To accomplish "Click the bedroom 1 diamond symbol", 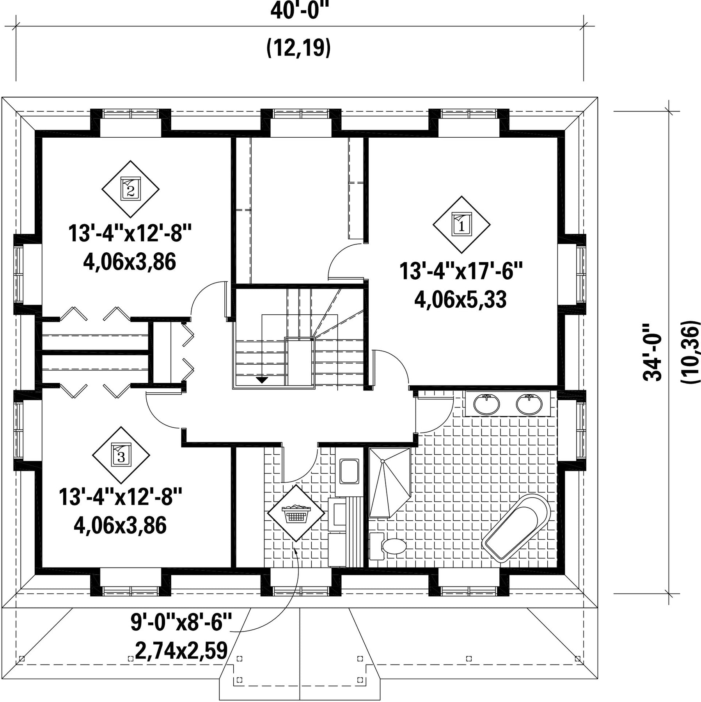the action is coord(461,225).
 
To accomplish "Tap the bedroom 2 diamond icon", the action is coord(131,189).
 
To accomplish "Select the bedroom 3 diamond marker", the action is coord(121,455).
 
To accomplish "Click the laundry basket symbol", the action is coord(296,513).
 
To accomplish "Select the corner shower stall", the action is coord(390,483).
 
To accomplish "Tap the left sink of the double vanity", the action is coord(486,404).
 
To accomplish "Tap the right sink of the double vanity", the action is coord(529,404).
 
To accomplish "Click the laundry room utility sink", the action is coord(349,472).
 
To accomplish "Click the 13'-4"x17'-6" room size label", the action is coord(461,271).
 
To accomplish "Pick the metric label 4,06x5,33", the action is coord(460,300).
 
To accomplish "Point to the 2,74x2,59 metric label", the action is coord(181,650).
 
